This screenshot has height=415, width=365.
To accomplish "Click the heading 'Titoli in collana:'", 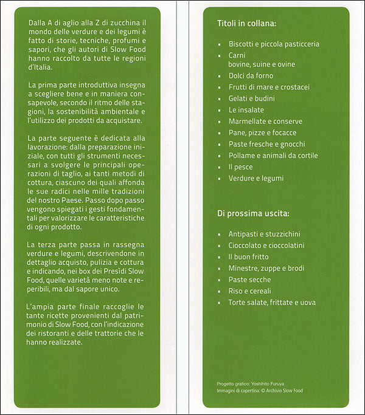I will click(246, 24).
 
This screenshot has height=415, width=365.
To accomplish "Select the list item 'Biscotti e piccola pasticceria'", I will click(274, 44).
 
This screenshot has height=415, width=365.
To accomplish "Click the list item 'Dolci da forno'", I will click(251, 76).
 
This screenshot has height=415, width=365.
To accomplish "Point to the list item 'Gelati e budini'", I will click(251, 98).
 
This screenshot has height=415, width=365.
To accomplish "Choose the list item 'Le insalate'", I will click(246, 110).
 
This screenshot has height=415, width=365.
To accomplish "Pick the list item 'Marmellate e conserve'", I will click(265, 122).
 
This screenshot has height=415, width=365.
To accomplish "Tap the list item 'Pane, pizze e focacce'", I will click(262, 133).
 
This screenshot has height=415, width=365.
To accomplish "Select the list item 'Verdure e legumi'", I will click(255, 178).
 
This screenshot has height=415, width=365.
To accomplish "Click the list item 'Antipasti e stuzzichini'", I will click(264, 234).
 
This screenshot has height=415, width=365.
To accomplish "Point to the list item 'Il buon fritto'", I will click(248, 257).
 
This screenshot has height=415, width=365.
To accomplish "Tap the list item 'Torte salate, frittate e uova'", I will click(272, 303).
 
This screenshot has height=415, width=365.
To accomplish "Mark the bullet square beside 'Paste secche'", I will click(220, 280).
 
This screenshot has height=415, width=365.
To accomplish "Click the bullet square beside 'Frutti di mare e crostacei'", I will click(220, 87).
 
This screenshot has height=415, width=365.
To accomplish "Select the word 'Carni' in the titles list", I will click(237, 55).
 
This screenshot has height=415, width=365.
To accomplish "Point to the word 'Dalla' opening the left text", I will click(36, 22).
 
